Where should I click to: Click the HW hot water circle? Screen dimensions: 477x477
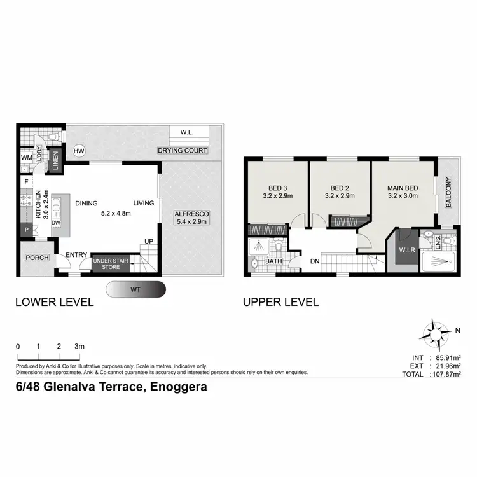click(x=79, y=151)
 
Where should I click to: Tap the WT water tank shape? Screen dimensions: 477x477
click(x=137, y=289)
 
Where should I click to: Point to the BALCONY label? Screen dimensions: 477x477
click(x=448, y=193)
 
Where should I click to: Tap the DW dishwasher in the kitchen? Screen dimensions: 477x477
click(x=56, y=223)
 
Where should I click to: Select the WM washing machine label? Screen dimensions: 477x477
click(x=26, y=157)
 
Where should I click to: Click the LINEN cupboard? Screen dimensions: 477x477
click(x=55, y=156)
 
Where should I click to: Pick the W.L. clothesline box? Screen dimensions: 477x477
click(x=187, y=132)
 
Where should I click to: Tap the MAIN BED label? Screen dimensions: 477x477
click(x=403, y=188)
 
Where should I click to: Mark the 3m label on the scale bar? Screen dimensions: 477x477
click(x=79, y=346)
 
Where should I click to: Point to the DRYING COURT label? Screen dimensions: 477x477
click(x=183, y=151)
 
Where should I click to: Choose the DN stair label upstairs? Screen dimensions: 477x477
click(x=314, y=261)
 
